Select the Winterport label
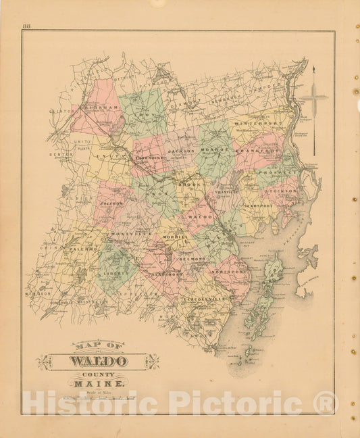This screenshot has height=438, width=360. click(255, 124)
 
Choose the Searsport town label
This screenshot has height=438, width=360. click(259, 204)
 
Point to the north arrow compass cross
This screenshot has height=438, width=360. click(313, 98)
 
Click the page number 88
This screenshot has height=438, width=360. click(26, 26)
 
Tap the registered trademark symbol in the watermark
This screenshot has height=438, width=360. click(326, 403)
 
